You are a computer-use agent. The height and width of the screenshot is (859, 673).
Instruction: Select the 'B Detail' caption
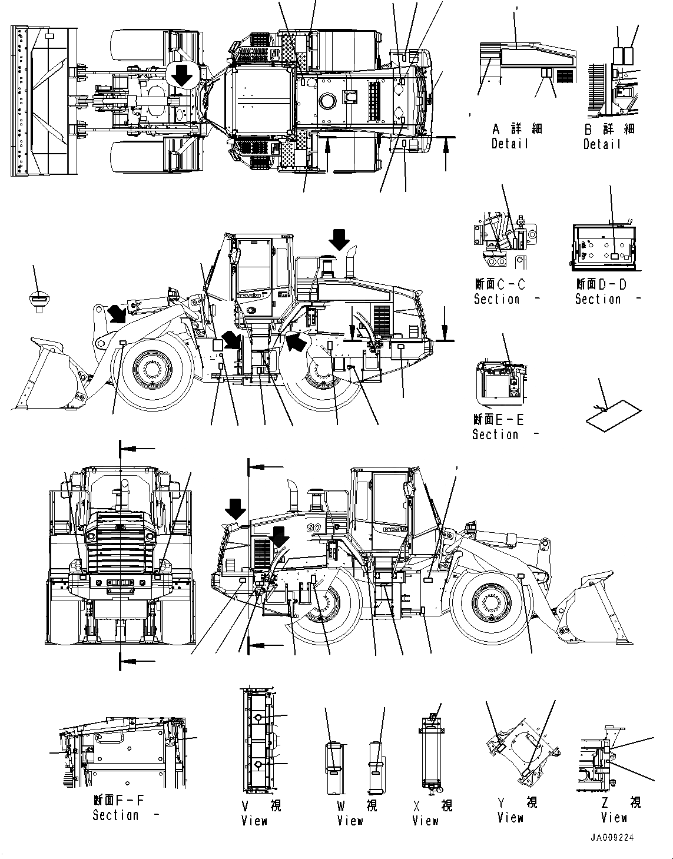point(608,136)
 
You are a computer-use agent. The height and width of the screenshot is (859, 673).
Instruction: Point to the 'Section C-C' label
point(500,291)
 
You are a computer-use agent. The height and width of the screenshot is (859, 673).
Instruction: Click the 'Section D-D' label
point(601,291)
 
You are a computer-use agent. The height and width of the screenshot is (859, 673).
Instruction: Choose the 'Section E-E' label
point(498,427)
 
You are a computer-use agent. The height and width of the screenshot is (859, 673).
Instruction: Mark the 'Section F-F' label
point(118,807)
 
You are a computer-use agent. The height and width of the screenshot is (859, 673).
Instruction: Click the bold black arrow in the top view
point(182,75)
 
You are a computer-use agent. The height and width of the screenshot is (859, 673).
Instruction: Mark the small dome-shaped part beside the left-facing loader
point(38,299)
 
